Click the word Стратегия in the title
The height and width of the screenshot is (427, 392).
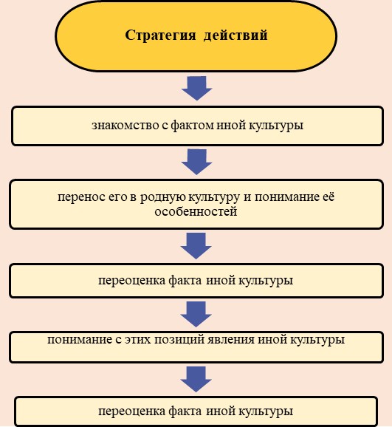160,35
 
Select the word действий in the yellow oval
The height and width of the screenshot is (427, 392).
235,35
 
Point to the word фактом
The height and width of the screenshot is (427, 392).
192,126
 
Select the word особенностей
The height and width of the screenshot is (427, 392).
196,211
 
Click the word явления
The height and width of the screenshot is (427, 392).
231,340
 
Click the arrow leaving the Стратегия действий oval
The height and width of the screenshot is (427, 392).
196,88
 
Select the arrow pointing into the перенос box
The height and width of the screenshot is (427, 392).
196,162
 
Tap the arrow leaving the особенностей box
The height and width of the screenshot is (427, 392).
196,246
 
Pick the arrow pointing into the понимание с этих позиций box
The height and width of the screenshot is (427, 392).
196,314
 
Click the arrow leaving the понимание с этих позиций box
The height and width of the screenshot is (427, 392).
196,379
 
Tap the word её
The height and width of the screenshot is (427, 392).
329,197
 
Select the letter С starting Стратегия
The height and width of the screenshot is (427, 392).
130,35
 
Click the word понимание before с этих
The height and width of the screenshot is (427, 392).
80,340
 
